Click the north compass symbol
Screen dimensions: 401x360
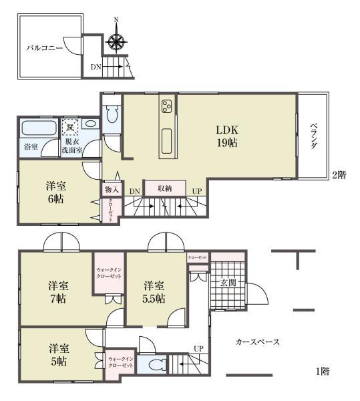[116, 41]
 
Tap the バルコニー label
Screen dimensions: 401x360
[44, 48]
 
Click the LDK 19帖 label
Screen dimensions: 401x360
[226, 136]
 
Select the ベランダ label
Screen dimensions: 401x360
[312, 136]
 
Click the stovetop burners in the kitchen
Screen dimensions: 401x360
[166, 106]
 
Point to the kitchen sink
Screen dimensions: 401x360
[166, 141]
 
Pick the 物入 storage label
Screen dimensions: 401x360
[111, 190]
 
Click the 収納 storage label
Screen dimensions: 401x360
[165, 189]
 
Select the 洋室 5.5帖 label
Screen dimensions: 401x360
[154, 292]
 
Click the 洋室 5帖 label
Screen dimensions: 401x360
[58, 355]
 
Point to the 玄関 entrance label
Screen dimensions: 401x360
[228, 283]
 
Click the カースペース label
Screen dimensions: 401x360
[257, 342]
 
